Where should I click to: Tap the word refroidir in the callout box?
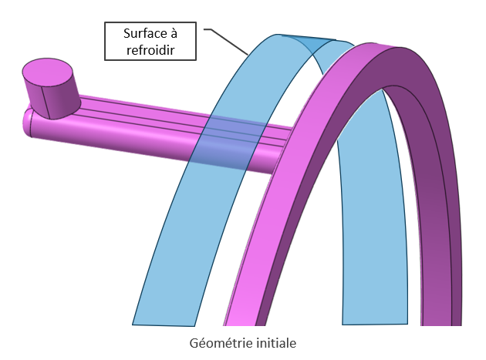point(150,50)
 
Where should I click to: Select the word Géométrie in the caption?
point(217,341)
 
